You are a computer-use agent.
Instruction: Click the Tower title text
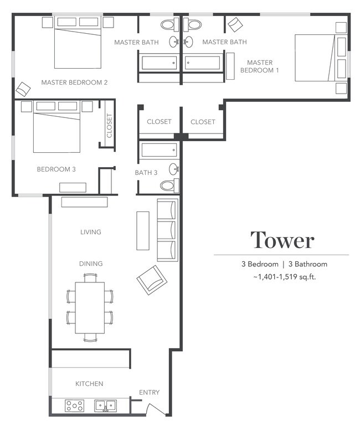(x=282, y=240)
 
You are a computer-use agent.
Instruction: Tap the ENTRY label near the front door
(x=149, y=393)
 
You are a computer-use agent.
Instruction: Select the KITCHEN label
(x=89, y=384)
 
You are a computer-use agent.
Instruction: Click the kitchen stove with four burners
(x=74, y=406)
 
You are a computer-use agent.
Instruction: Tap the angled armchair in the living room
(x=152, y=280)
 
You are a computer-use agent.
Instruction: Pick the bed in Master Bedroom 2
(x=78, y=48)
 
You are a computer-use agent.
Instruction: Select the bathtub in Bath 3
(x=159, y=150)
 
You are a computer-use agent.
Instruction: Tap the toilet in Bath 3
(x=168, y=185)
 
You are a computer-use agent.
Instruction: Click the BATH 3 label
(x=146, y=173)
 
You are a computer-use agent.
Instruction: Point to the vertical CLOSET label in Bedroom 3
(x=109, y=126)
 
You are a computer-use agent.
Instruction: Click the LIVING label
(x=90, y=232)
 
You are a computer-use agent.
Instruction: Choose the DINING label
(x=90, y=264)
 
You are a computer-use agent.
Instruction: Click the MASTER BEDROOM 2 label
(x=74, y=82)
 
